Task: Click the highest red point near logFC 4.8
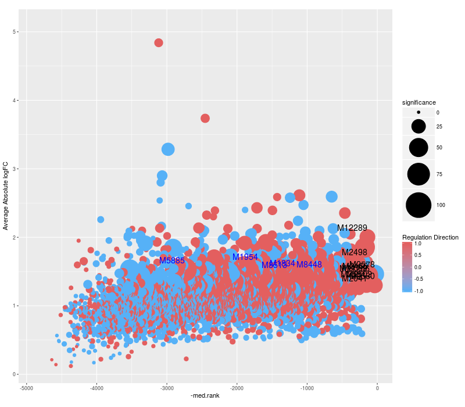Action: pos(159,42)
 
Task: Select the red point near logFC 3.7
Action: pos(205,118)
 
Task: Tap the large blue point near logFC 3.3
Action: pos(168,149)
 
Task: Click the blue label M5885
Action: pos(172,260)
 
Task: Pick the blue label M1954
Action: pos(245,257)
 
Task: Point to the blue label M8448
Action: pos(309,265)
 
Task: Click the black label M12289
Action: pos(352,228)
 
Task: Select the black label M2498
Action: pos(355,252)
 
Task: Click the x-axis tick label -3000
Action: pos(167,388)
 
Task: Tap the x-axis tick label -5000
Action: pos(26,388)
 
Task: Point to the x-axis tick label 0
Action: pos(377,388)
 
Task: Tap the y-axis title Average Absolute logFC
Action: pos(6,196)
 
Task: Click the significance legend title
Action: pos(419,102)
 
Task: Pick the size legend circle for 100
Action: pos(419,205)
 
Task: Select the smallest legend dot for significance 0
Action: pos(419,112)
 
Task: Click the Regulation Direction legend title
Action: pos(430,237)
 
